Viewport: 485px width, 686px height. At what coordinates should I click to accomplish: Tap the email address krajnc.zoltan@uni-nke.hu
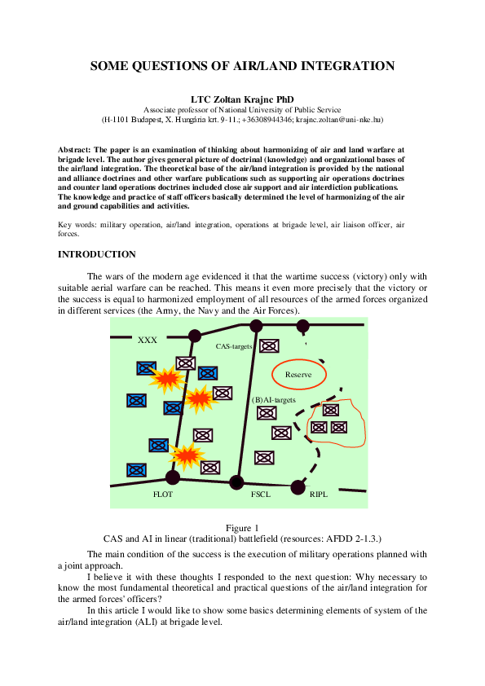point(338,119)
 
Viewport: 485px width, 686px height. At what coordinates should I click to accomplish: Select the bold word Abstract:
point(74,150)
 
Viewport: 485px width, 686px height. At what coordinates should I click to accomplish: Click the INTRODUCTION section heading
point(96,255)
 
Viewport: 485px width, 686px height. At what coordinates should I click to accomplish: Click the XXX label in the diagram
point(148,340)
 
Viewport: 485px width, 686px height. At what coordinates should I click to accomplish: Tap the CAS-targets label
point(234,346)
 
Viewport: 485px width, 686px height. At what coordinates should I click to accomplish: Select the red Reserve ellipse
point(298,374)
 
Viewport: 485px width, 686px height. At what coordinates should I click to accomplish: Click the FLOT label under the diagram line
point(163,494)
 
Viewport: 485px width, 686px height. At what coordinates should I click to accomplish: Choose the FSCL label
point(261,494)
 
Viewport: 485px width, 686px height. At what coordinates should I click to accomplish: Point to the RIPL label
point(319,494)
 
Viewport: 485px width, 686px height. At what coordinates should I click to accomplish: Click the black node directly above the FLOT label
point(173,477)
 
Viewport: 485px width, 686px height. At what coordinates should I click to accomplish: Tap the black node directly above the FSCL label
point(236,482)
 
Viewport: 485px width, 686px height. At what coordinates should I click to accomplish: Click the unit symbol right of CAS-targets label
point(267,345)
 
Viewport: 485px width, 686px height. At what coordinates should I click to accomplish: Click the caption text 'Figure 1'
point(242,528)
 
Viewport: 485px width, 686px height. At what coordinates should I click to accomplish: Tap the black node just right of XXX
point(195,336)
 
